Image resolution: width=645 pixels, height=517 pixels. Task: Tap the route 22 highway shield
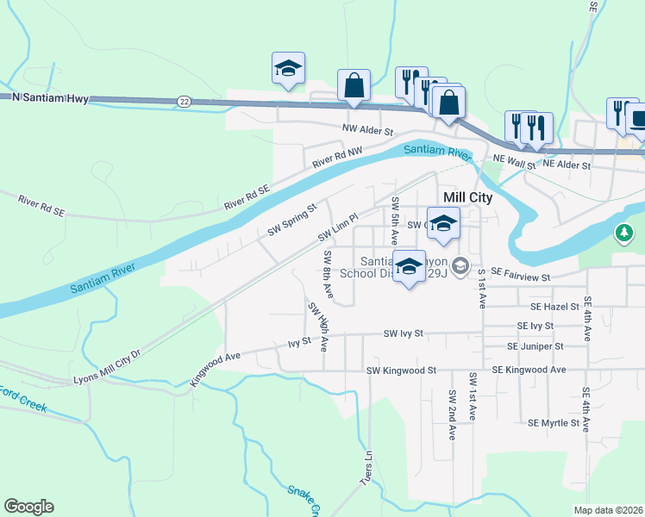(x=185, y=101)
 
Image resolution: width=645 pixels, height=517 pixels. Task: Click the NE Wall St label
(x=514, y=159)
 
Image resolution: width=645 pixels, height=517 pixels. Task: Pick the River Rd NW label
(x=338, y=157)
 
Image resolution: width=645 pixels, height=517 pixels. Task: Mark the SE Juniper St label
(x=535, y=346)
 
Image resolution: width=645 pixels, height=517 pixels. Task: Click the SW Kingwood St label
(x=401, y=371)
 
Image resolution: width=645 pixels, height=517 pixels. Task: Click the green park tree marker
(x=624, y=234)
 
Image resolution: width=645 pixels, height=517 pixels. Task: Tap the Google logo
(x=28, y=507)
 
